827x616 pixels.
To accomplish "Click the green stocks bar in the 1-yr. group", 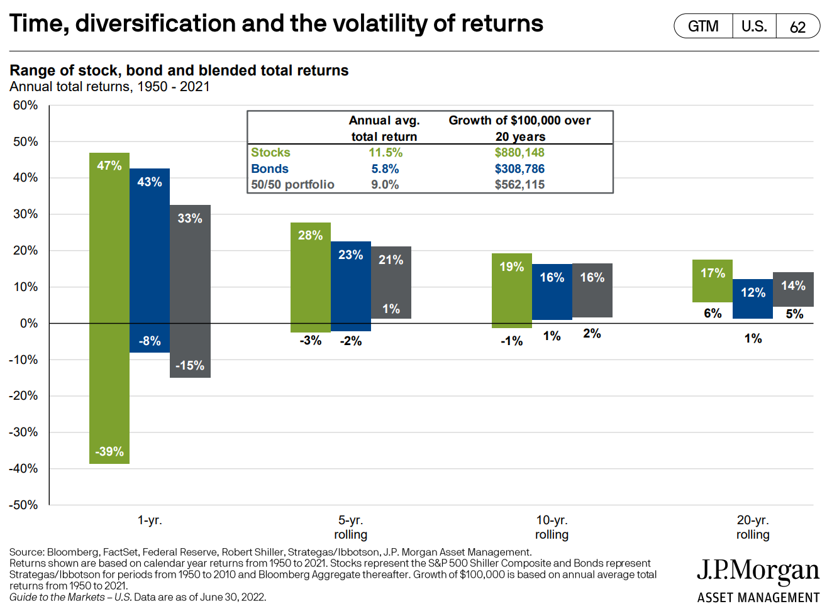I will pyautogui.click(x=109, y=308).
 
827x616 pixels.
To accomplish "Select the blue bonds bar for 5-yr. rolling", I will pyautogui.click(x=351, y=286).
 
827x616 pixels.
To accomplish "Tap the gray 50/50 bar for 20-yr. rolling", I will pyautogui.click(x=793, y=290).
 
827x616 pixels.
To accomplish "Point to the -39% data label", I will pyautogui.click(x=109, y=451).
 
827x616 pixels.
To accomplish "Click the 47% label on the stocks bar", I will pyautogui.click(x=109, y=165).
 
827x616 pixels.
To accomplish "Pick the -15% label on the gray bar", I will pyautogui.click(x=190, y=365).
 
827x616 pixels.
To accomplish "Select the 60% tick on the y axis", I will pyautogui.click(x=26, y=105).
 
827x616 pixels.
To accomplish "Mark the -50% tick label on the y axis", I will pyautogui.click(x=23, y=505).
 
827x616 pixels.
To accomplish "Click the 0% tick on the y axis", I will pyautogui.click(x=29, y=323).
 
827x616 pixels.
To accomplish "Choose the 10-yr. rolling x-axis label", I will pyautogui.click(x=552, y=527).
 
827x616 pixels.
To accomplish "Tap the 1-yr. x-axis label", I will pyautogui.click(x=150, y=520).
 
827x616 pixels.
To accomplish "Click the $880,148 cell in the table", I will pyautogui.click(x=519, y=152).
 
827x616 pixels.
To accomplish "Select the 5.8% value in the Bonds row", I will pyautogui.click(x=385, y=168).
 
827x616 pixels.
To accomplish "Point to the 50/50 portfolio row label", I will pyautogui.click(x=292, y=184).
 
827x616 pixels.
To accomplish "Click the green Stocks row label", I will pyautogui.click(x=270, y=152).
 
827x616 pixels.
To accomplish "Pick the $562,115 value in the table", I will pyautogui.click(x=519, y=184).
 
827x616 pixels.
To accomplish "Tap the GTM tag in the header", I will pyautogui.click(x=703, y=26).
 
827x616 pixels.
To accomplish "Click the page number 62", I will pyautogui.click(x=797, y=27).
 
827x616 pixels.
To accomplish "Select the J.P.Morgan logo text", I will pyautogui.click(x=758, y=571).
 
